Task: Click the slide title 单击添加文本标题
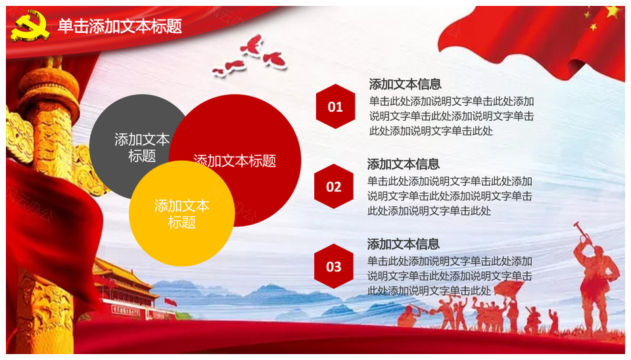[120, 26]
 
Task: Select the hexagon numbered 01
[335, 106]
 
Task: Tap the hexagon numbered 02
[334, 186]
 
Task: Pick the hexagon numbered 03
[334, 266]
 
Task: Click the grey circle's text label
[142, 148]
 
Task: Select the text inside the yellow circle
[181, 214]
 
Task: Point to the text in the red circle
[235, 161]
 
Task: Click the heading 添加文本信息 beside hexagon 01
[406, 84]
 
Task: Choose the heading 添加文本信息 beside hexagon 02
[403, 164]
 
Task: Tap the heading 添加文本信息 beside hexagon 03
[403, 244]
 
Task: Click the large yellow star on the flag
[613, 11]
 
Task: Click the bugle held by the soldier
[580, 230]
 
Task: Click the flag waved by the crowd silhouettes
[508, 288]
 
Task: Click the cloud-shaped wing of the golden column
[19, 135]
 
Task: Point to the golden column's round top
[49, 89]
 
